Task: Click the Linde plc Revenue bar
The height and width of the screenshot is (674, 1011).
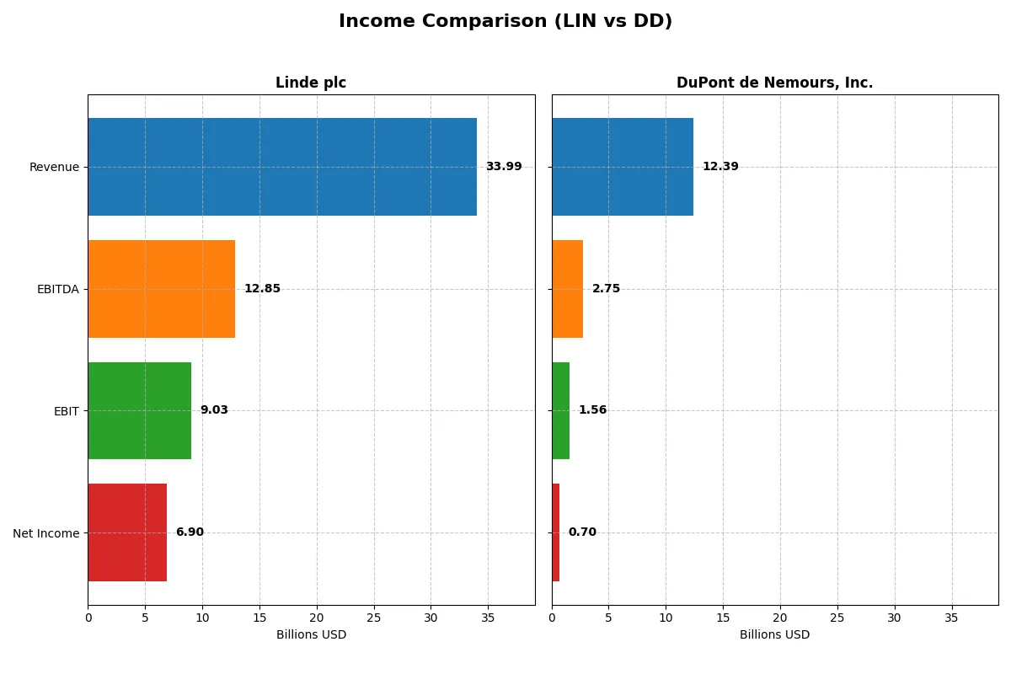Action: [282, 167]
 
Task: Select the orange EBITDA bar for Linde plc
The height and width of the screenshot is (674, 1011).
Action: [161, 289]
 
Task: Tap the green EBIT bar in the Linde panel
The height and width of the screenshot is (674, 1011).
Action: [139, 410]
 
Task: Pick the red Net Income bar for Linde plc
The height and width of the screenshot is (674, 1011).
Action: [127, 532]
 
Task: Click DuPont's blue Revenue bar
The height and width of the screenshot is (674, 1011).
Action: [622, 167]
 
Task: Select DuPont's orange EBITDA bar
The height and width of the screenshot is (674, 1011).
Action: [567, 289]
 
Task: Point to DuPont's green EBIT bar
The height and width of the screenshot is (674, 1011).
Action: [560, 410]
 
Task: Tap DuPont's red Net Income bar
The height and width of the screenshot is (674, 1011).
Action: [556, 532]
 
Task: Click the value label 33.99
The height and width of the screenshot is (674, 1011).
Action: [503, 167]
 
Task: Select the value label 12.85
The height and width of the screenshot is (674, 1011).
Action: [262, 289]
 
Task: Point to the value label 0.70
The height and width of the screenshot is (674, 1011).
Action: [581, 532]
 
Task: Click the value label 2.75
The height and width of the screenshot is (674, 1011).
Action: [606, 289]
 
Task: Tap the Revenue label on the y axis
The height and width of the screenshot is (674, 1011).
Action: [54, 167]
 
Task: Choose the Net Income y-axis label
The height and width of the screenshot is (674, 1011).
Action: [46, 533]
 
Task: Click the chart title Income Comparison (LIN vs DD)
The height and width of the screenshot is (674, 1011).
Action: [505, 22]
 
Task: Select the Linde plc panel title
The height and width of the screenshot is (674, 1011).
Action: [311, 83]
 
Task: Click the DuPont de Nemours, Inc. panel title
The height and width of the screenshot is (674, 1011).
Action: [774, 83]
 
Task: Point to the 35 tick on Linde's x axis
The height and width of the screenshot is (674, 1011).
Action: [488, 618]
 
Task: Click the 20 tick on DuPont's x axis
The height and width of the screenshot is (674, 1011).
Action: [780, 618]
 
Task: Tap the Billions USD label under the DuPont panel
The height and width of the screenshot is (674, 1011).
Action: [774, 635]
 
